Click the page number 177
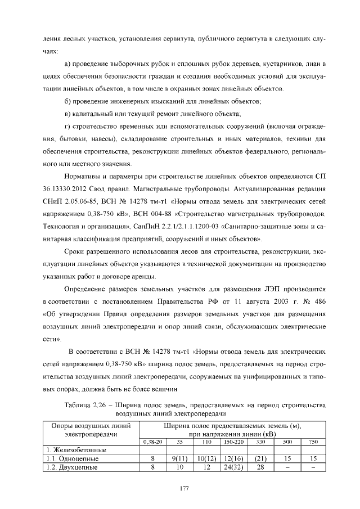[183, 487]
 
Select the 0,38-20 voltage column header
[152, 442]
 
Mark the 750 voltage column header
[313, 442]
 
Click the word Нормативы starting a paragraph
[83, 175]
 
